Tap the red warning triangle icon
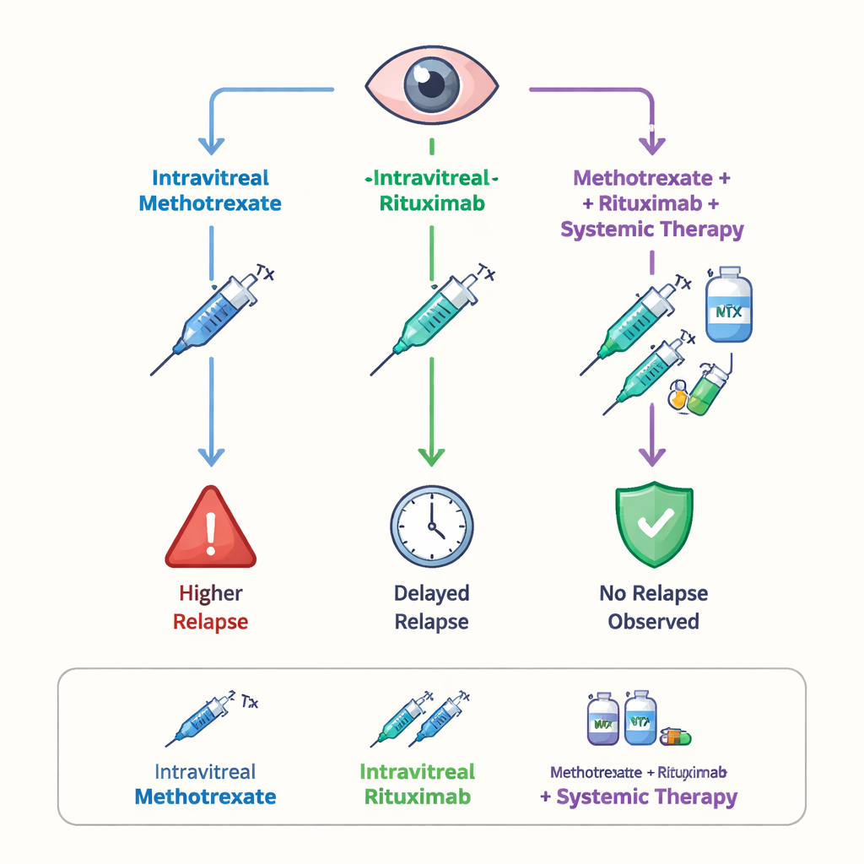point(211,530)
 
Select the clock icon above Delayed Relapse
point(431,526)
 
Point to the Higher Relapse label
point(211,607)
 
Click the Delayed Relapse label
point(431,607)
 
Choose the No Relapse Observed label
point(653,607)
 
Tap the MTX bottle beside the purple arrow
point(728,305)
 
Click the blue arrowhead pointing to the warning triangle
point(211,456)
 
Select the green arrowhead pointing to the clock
point(431,456)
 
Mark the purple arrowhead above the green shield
point(651,456)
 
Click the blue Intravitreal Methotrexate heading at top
point(210,191)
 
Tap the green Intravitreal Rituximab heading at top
point(431,191)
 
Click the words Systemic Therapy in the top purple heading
point(652,229)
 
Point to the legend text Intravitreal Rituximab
point(417,784)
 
